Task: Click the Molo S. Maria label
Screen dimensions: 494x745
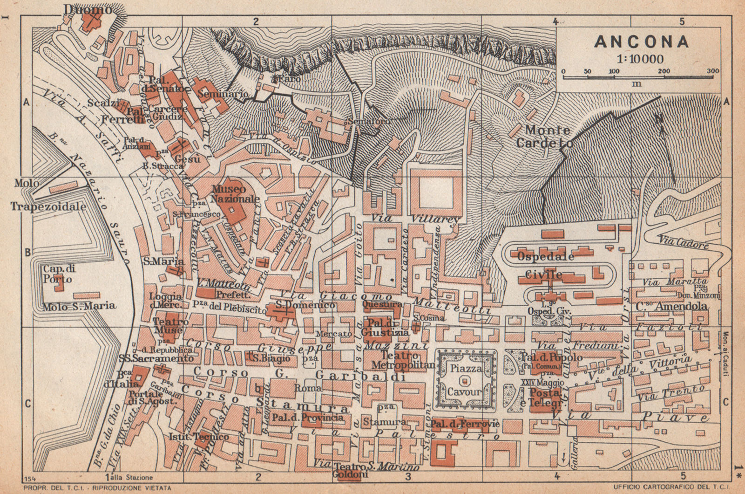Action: tap(80, 307)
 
